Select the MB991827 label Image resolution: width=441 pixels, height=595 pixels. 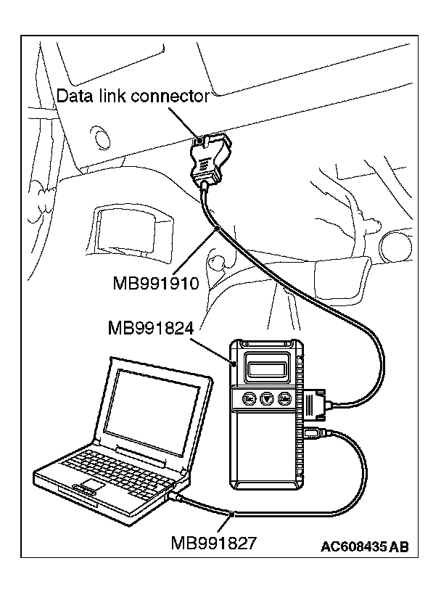pyautogui.click(x=215, y=542)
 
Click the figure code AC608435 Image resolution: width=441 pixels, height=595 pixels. pyautogui.click(x=353, y=546)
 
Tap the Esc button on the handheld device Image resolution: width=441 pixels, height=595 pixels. pyautogui.click(x=249, y=398)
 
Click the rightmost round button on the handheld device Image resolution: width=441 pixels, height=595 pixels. pyautogui.click(x=286, y=398)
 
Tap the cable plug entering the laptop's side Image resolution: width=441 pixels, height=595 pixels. pyautogui.click(x=176, y=496)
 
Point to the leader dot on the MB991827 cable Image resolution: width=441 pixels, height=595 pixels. pyautogui.click(x=231, y=514)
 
